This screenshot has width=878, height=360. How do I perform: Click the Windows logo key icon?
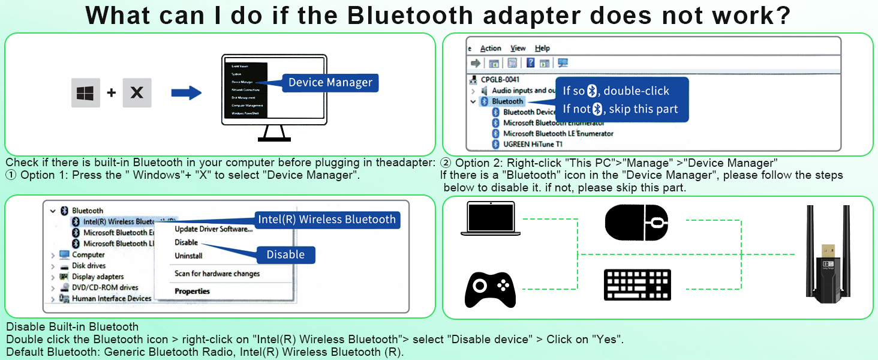point(86,93)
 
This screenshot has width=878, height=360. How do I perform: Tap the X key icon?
point(137,93)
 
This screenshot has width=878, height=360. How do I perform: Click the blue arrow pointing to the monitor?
point(186,93)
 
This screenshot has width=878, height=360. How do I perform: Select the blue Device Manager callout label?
point(330,83)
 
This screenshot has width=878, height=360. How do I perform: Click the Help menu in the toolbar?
point(542,48)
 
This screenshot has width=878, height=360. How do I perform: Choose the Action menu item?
point(491,48)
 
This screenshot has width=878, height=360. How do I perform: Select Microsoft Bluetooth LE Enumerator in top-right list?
point(558,133)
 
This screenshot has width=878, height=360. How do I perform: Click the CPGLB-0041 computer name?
point(500,79)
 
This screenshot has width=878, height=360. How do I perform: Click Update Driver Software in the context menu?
point(214,229)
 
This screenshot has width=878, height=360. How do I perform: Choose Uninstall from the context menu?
point(188,256)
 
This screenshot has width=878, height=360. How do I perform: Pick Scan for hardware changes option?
point(217,274)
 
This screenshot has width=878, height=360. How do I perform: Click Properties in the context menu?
point(192,292)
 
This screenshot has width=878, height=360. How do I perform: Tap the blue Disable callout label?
point(285,254)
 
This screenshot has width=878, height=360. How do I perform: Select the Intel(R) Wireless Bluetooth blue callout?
point(327,220)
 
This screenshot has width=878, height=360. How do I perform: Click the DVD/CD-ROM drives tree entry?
point(105,287)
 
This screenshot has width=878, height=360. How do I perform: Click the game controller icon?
point(490,289)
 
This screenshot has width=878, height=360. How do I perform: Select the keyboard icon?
point(638,285)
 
